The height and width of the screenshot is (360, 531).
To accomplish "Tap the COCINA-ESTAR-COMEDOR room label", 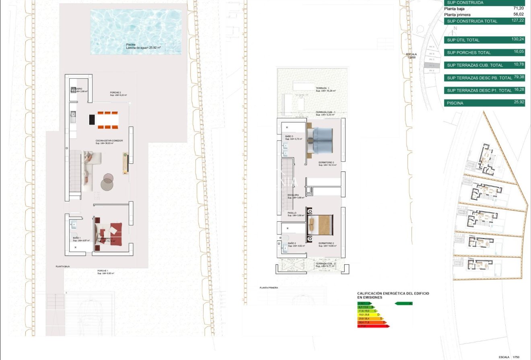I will (109, 141).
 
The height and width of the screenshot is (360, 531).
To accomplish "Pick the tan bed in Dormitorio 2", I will (321, 224).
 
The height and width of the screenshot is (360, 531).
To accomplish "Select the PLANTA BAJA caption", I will (64, 266).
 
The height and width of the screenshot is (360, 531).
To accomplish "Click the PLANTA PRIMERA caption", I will (269, 288).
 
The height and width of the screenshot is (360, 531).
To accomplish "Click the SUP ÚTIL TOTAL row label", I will (463, 40).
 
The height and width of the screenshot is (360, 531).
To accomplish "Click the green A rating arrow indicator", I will (404, 303).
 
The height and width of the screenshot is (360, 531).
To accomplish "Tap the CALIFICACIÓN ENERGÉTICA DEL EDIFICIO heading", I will (393, 294).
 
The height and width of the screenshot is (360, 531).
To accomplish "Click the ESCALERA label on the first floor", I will (293, 195).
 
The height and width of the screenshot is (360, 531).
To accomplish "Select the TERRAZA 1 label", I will (323, 88).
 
